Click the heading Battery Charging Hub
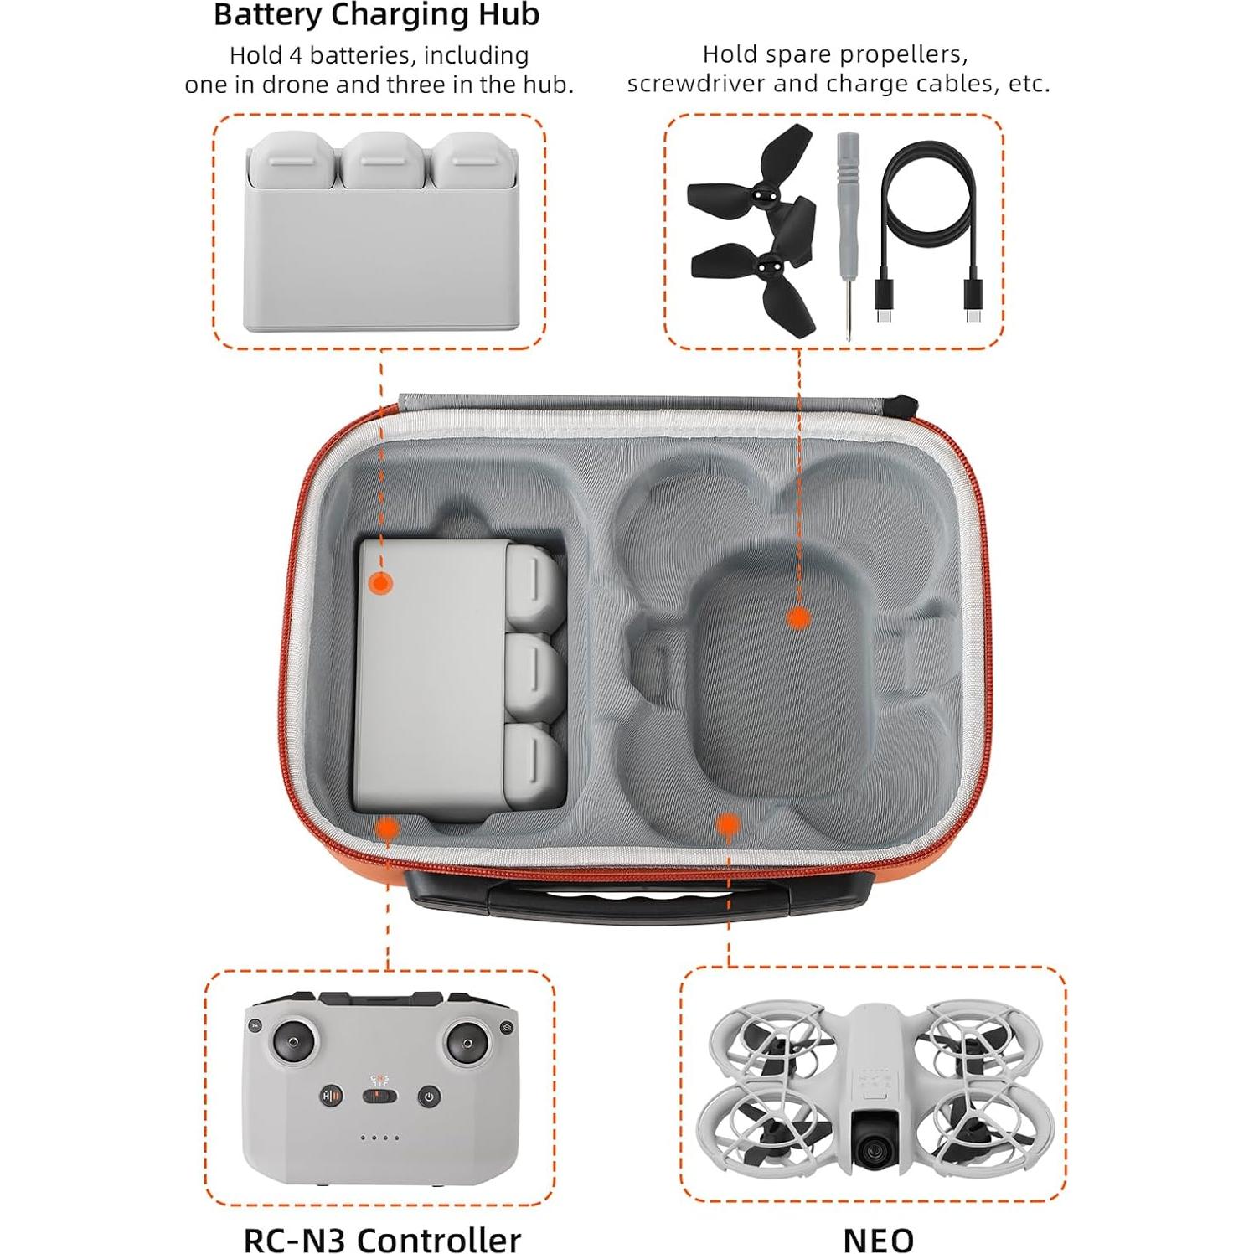tap(376, 15)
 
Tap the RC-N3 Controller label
tap(382, 1239)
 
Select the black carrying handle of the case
tap(598, 900)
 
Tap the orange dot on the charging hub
tap(381, 583)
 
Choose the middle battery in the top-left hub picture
tap(383, 161)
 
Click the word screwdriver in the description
tap(698, 84)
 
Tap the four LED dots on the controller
tap(379, 1138)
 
